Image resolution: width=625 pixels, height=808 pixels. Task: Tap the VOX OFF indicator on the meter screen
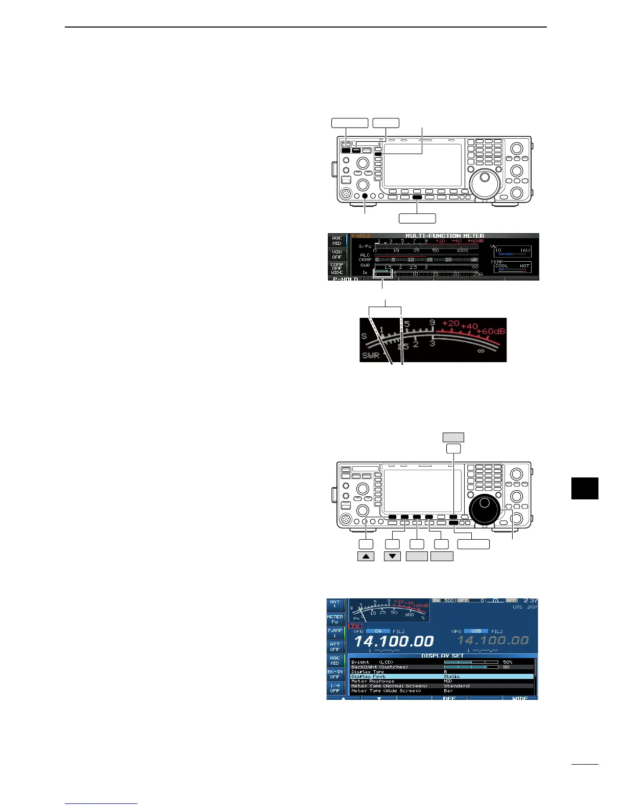click(x=336, y=255)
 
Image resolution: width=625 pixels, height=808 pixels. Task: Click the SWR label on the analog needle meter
click(x=371, y=356)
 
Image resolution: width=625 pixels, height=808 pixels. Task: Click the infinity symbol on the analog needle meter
click(x=480, y=351)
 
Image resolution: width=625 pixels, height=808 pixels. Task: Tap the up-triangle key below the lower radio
click(x=366, y=556)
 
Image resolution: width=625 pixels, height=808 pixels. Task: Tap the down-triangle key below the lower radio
click(x=392, y=556)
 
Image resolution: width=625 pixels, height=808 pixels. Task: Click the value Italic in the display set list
click(x=452, y=676)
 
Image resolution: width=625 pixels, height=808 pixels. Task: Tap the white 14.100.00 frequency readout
click(x=394, y=641)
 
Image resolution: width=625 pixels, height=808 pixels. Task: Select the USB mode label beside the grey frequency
click(x=476, y=631)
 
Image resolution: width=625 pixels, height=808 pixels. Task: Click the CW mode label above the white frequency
click(x=378, y=631)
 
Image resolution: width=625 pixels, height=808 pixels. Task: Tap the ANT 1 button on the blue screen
click(x=335, y=604)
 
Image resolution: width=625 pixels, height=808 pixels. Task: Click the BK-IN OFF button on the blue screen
click(x=335, y=674)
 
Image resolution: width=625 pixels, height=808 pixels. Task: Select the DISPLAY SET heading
click(x=442, y=656)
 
